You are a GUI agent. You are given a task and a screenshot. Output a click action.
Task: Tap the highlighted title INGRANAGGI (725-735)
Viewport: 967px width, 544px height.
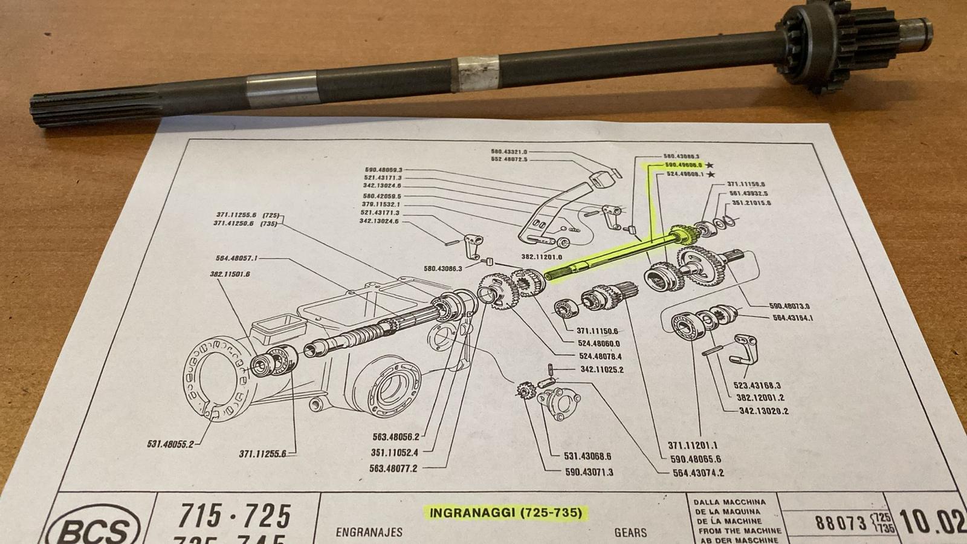click(505, 513)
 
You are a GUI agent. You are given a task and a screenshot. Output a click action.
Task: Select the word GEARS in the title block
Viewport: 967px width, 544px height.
click(630, 533)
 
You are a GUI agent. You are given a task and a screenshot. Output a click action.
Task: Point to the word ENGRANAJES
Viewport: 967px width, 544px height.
click(369, 533)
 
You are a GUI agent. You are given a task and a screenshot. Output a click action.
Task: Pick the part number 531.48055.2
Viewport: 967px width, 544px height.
click(170, 444)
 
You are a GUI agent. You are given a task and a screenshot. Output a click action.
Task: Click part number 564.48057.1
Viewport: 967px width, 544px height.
click(236, 258)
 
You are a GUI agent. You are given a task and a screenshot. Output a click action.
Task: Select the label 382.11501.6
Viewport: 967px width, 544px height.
click(230, 274)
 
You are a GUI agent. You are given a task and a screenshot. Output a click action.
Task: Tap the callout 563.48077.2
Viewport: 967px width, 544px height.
click(393, 468)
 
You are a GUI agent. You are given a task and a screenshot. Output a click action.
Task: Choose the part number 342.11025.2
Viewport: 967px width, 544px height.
click(602, 369)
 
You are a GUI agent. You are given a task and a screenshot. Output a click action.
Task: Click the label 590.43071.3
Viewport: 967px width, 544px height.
click(589, 471)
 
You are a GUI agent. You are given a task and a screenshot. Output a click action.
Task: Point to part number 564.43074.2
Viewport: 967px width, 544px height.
click(698, 473)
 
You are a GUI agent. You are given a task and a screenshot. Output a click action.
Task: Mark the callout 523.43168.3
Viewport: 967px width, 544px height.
click(757, 385)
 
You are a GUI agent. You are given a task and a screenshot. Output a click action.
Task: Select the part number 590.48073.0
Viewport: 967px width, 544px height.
click(789, 306)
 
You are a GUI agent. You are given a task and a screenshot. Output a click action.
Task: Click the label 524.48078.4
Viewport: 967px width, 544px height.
click(600, 357)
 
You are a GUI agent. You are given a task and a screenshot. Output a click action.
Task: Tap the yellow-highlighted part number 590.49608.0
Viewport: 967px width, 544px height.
click(683, 164)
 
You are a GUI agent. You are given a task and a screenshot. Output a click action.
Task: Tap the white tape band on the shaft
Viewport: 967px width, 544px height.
click(477, 68)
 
